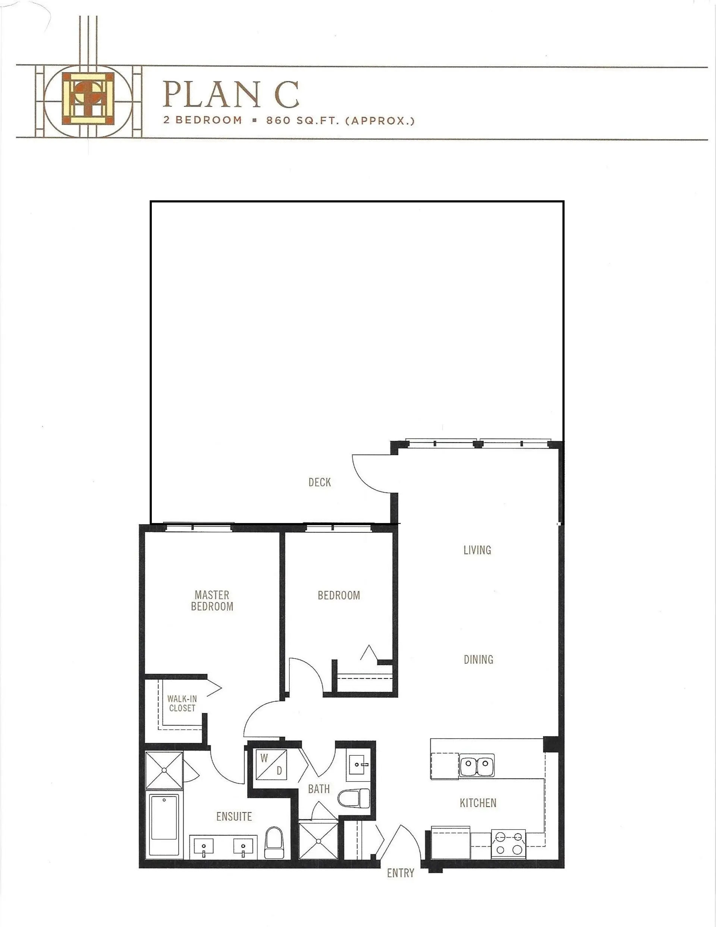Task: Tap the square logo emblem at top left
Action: point(88,98)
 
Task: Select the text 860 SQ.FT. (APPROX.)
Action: point(340,120)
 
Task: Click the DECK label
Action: point(319,482)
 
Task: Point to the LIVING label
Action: point(477,550)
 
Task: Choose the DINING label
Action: point(478,660)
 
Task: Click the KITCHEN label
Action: point(478,803)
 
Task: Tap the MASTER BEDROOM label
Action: point(212,601)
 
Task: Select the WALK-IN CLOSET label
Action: point(182,703)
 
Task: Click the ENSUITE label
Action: point(234,816)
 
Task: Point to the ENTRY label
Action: point(400,873)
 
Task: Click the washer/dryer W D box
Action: point(271,764)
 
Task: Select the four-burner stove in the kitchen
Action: point(508,843)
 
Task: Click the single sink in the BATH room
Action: point(359,765)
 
